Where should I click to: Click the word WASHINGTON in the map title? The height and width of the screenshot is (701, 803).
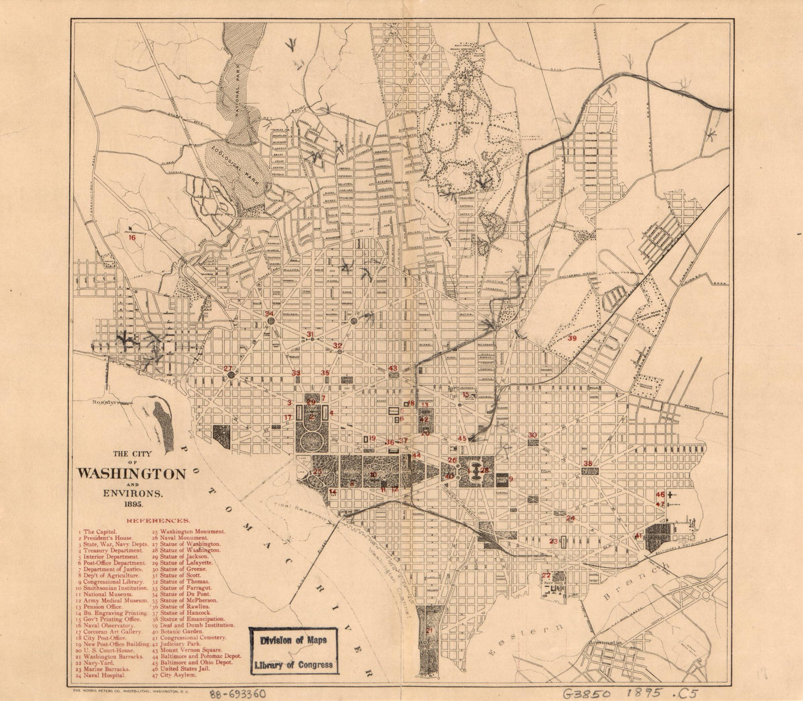coord(132,474)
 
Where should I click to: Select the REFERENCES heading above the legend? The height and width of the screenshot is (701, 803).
coord(157,520)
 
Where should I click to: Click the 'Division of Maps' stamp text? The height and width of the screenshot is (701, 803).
coord(293,640)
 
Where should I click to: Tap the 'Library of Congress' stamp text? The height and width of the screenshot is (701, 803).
coord(293,665)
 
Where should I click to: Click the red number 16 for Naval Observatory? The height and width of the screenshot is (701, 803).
coord(132,238)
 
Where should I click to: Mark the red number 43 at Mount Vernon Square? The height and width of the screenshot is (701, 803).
coord(393,368)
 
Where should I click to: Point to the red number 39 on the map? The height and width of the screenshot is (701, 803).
coord(572,338)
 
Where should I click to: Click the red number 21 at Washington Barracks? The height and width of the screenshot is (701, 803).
coord(429,630)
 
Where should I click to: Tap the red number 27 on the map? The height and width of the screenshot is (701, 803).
coord(228,368)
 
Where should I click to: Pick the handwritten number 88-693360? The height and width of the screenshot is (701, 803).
coord(238,692)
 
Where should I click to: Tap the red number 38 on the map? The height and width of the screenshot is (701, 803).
coord(587,464)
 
